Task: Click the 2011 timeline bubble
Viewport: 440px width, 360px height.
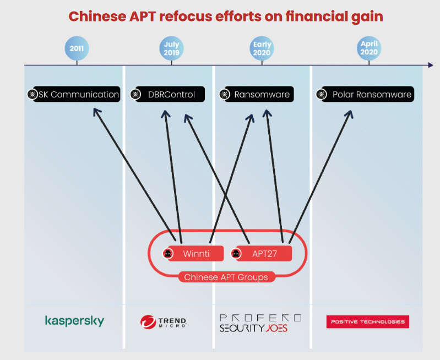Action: click(x=77, y=48)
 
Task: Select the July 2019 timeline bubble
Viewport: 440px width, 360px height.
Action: click(x=171, y=48)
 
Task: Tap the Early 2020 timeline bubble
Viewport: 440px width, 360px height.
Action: click(x=262, y=48)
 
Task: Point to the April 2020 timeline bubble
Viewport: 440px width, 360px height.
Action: click(x=369, y=48)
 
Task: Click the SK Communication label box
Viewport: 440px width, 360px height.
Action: click(x=77, y=94)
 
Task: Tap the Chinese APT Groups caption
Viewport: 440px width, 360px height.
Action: click(x=226, y=277)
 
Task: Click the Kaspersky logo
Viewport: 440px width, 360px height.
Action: click(x=74, y=321)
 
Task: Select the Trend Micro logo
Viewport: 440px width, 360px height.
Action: click(x=164, y=321)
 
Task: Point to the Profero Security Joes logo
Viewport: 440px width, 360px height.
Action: click(x=260, y=323)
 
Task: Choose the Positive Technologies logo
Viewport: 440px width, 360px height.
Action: click(x=367, y=321)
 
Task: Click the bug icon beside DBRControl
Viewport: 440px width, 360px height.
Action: click(x=135, y=94)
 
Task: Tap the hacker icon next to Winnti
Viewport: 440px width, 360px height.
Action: click(x=167, y=254)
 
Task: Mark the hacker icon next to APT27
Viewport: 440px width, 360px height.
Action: click(x=235, y=254)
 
